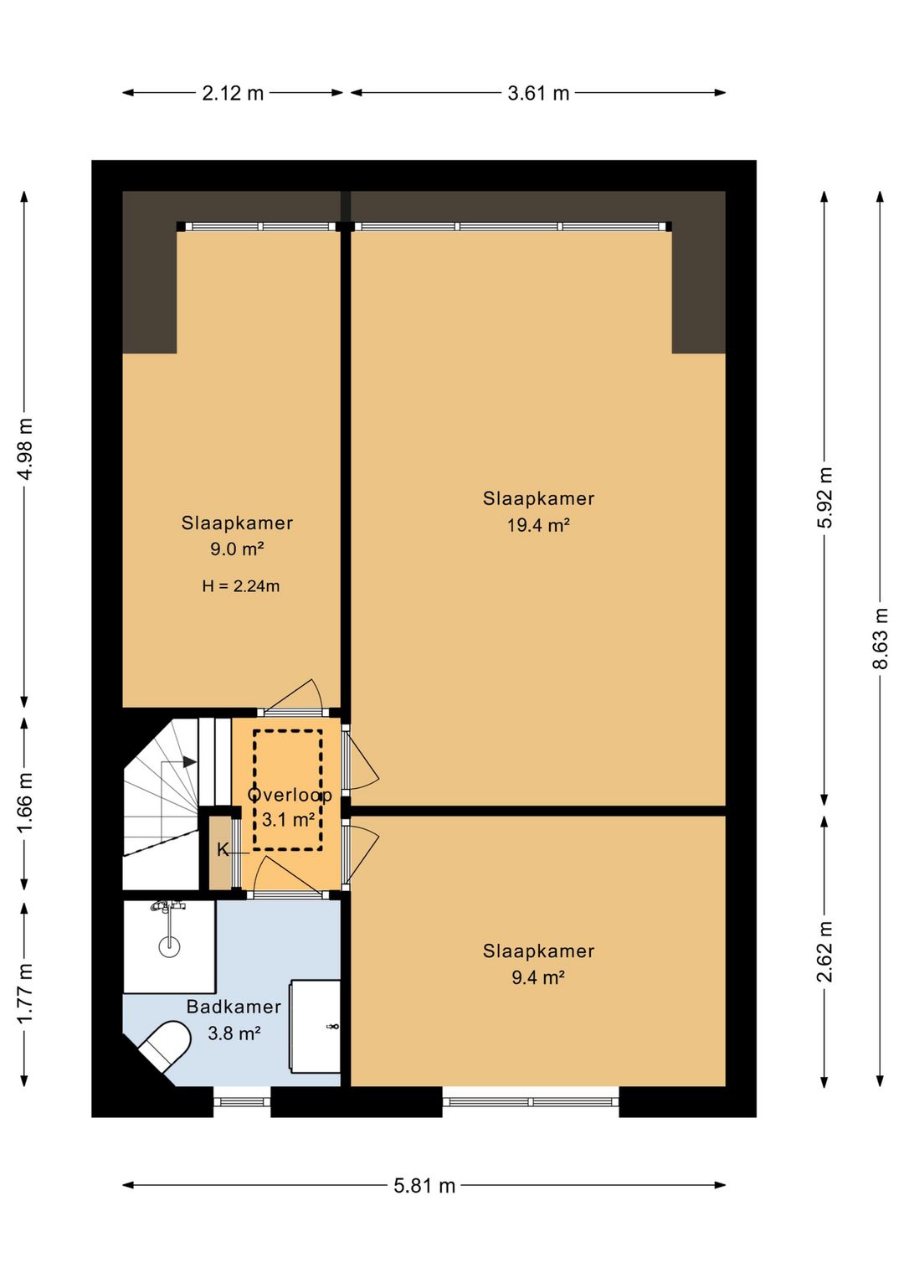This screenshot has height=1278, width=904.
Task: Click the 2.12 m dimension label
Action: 233,93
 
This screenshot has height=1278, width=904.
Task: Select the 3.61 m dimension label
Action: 538,93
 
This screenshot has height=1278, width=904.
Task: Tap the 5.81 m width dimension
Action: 424,1186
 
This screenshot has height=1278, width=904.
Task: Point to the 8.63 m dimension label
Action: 881,638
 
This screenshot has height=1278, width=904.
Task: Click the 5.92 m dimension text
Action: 824,497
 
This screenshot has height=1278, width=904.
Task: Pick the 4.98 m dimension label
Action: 24,448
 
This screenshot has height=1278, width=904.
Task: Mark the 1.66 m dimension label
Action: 24,803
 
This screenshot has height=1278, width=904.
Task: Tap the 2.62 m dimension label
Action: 824,951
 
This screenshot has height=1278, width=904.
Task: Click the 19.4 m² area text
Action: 538,525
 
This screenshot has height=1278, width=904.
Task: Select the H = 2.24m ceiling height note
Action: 241,586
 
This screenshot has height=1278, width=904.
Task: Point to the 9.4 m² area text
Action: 538,977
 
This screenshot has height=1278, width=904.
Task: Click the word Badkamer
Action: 234,1007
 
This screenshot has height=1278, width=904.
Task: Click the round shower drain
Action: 169,948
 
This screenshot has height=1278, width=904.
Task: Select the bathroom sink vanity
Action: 316,1027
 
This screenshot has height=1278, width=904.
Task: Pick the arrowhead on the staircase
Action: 189,761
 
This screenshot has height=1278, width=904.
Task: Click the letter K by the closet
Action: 223,851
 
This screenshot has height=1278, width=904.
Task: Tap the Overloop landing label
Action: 290,795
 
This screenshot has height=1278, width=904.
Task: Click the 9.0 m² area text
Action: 237,549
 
